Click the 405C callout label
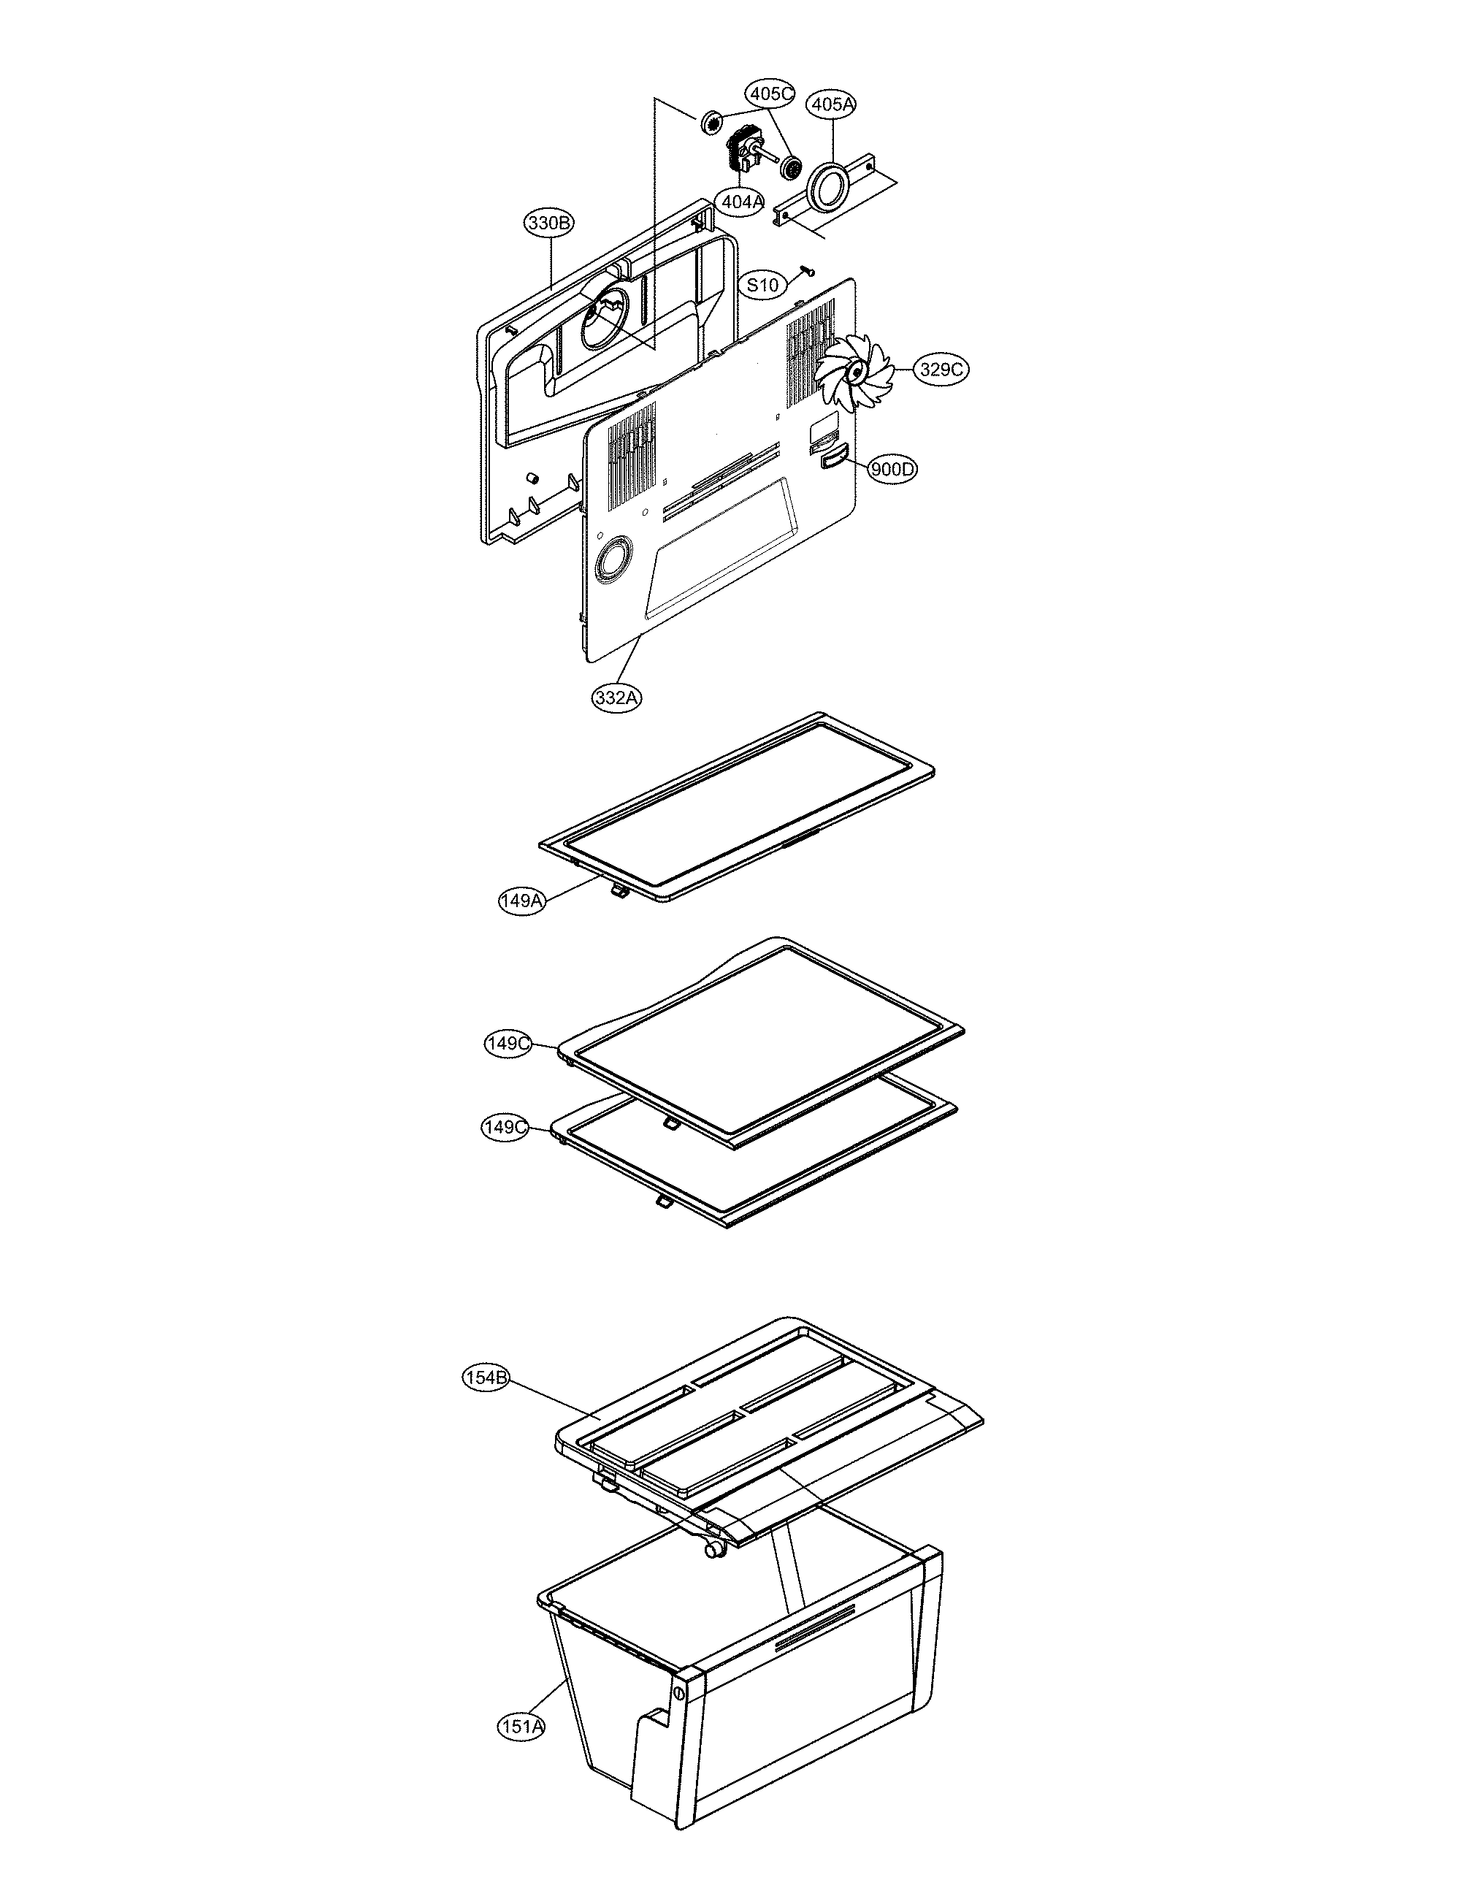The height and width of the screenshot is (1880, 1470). pos(770,93)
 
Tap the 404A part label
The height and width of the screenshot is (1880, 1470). pos(743,202)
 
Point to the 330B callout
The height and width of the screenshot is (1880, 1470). pos(550,223)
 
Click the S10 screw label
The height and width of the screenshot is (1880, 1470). pos(762,285)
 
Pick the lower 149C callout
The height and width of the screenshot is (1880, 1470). pos(505,1128)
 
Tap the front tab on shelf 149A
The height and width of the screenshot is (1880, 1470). pos(618,893)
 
